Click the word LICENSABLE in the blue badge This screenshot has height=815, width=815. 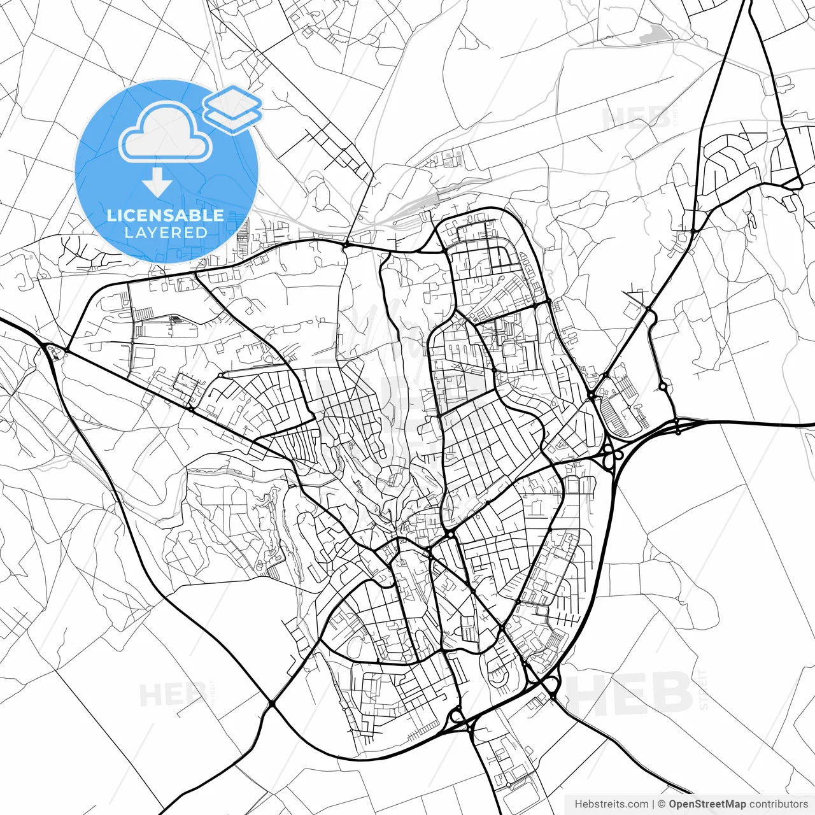point(166,215)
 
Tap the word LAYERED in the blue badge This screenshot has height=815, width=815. point(166,232)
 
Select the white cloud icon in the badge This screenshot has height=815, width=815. point(166,132)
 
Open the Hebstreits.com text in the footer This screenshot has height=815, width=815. point(611,804)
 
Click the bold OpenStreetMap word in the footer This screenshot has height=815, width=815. point(707,804)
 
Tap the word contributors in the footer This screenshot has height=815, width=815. point(779,804)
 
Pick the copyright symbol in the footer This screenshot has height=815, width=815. point(662,804)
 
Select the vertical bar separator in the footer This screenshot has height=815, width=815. point(653,804)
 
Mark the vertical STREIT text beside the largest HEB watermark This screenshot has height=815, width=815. point(703,690)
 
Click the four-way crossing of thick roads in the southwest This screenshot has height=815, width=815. point(272,704)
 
